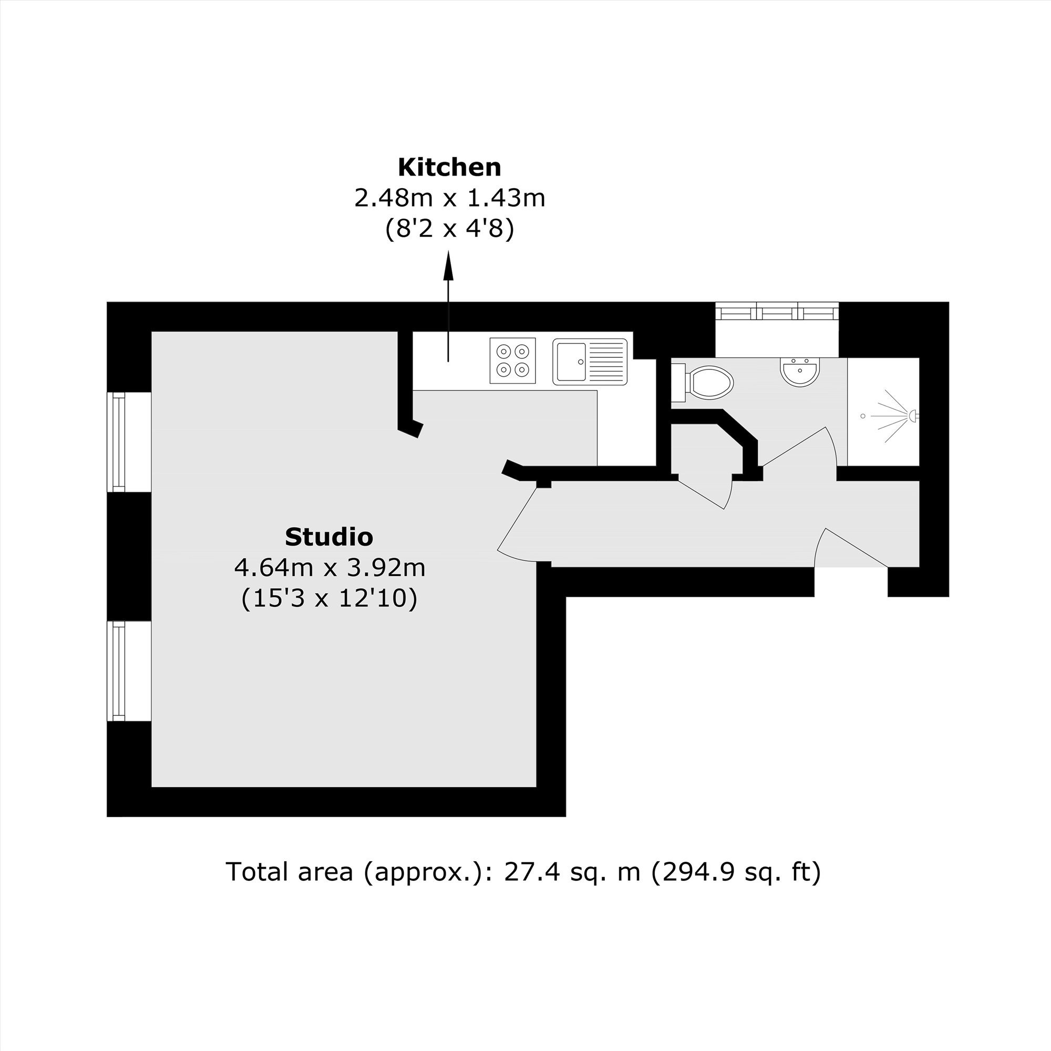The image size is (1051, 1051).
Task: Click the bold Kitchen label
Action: tap(449, 168)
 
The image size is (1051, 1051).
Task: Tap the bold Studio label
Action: tap(329, 537)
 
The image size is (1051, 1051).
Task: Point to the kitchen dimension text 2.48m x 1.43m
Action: tap(449, 198)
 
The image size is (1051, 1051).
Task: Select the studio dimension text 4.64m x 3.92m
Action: tap(329, 568)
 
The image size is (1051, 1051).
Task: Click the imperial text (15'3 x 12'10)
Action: tap(329, 599)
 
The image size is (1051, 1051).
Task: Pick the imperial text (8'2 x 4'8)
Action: tap(449, 229)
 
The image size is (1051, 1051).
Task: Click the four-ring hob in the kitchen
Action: tap(512, 360)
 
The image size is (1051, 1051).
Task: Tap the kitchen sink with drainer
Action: tap(590, 362)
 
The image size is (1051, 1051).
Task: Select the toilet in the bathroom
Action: tap(703, 380)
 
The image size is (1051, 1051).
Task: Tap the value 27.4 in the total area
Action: tap(527, 871)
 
